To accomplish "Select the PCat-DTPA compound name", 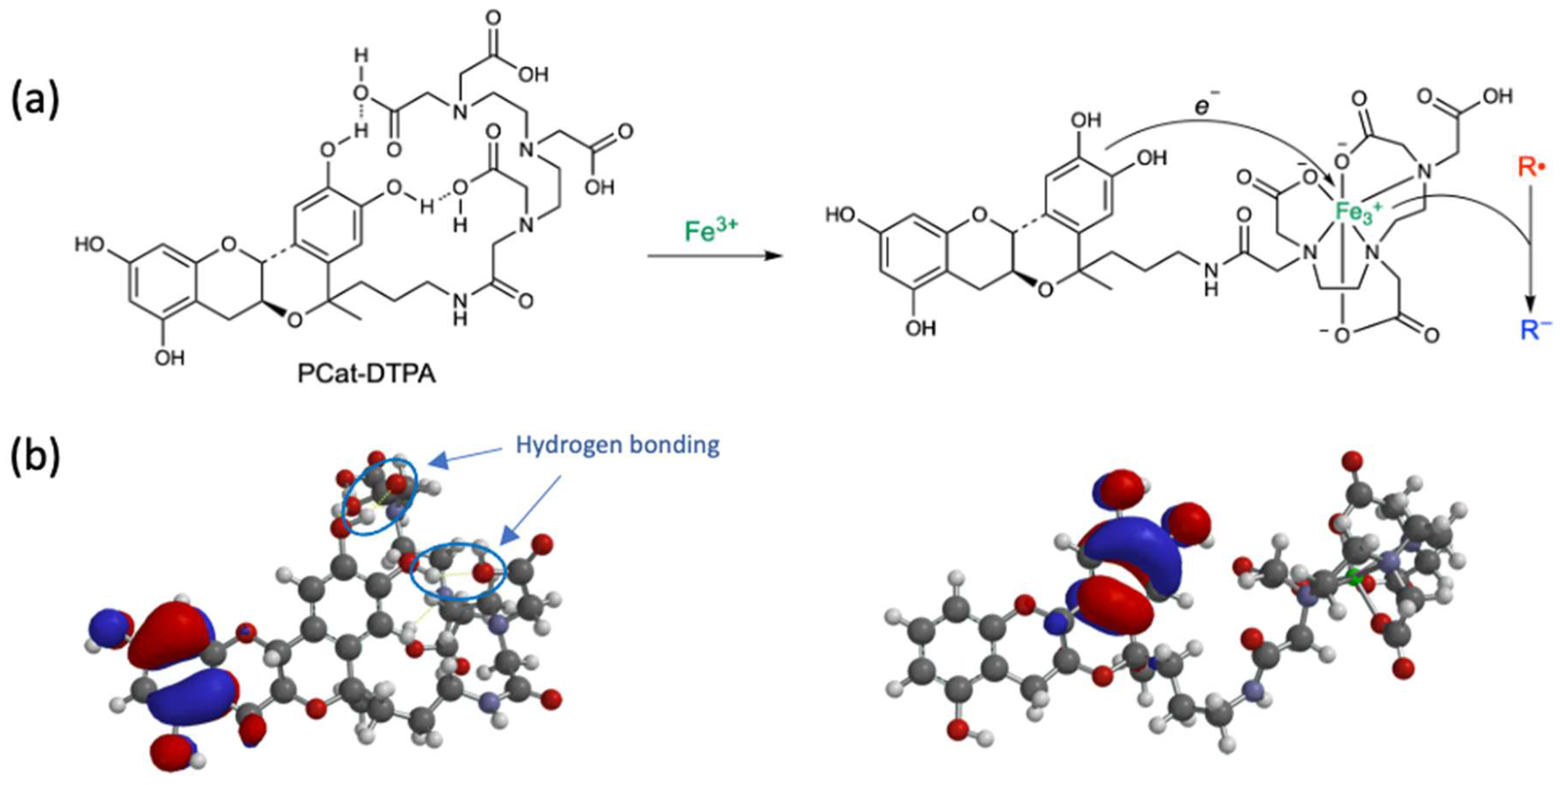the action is click(366, 374).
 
